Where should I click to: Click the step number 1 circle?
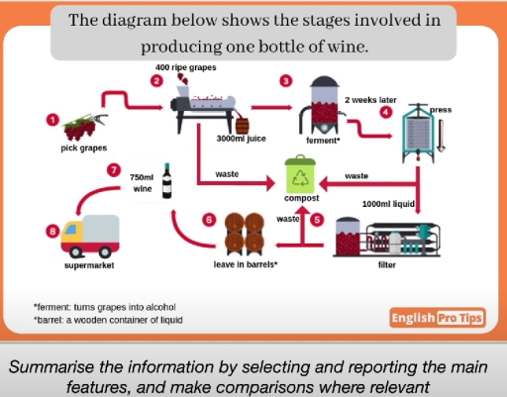point(52,119)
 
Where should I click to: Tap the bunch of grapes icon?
point(79,127)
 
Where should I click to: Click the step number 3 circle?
point(287,80)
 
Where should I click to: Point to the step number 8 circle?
point(52,232)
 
